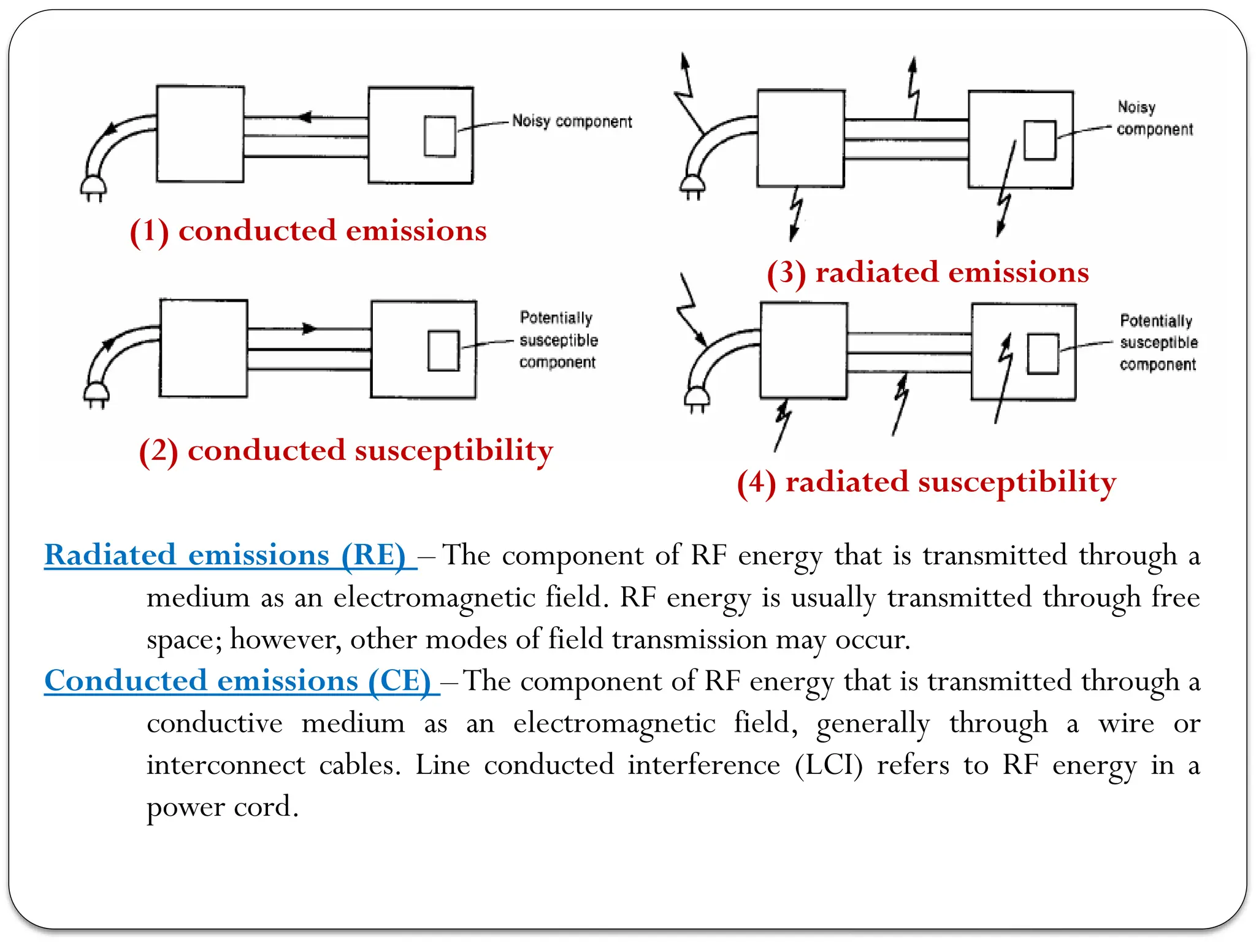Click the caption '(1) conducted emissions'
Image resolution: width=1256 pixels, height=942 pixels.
click(308, 231)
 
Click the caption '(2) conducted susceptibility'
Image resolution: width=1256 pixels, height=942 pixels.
click(345, 451)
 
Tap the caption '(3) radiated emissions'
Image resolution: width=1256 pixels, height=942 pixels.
click(927, 272)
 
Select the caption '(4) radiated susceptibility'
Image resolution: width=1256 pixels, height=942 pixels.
click(926, 482)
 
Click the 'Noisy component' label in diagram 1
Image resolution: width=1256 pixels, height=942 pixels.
click(572, 121)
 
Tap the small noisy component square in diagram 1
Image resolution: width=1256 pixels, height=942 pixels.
click(440, 136)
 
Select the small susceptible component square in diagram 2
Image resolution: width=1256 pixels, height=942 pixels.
click(443, 351)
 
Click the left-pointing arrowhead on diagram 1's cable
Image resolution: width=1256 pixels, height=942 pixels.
click(305, 117)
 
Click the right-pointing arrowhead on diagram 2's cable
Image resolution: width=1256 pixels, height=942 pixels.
click(309, 329)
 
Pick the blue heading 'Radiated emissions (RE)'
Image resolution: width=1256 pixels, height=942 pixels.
click(225, 555)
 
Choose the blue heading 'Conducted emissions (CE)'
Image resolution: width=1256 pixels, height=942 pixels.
click(238, 681)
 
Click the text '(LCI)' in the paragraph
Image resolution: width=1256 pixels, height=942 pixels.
click(829, 765)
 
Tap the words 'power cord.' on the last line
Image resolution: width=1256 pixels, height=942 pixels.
click(222, 806)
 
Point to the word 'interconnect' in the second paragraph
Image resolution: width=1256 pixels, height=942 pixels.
click(225, 765)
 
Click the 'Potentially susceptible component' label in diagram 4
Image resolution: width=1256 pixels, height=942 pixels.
click(1158, 343)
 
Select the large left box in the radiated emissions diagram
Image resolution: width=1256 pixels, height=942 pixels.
click(800, 138)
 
